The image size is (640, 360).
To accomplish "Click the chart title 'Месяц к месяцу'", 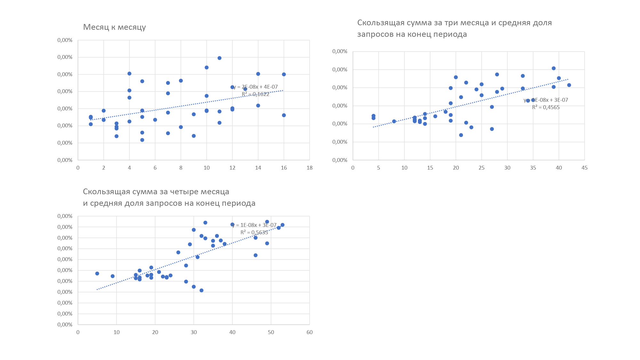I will point(114,27).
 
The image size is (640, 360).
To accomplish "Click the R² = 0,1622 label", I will point(255,94).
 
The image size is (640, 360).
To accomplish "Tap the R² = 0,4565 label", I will point(546,107).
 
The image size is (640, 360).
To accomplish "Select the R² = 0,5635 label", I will point(254,232).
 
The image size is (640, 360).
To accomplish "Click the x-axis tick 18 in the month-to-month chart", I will point(309,168).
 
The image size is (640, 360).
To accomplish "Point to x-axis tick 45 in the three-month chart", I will point(584,168).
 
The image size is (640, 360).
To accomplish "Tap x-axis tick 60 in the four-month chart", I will point(309,332).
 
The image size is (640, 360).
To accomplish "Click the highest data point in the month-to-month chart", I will point(220,58).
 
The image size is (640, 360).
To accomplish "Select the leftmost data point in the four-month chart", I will point(97,274).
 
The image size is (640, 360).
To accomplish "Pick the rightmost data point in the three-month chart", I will point(569,85).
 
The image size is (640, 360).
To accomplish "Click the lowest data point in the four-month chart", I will point(202,291).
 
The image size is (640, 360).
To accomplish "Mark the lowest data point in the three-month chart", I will point(461,135).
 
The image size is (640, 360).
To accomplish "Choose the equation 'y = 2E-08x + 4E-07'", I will point(256,87).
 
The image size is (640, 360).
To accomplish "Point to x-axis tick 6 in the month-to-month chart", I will point(155,168).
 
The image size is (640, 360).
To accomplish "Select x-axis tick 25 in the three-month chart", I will point(482,168).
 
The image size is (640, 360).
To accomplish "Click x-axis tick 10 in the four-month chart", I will point(116,332).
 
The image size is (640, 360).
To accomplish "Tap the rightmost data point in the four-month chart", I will point(283,225).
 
